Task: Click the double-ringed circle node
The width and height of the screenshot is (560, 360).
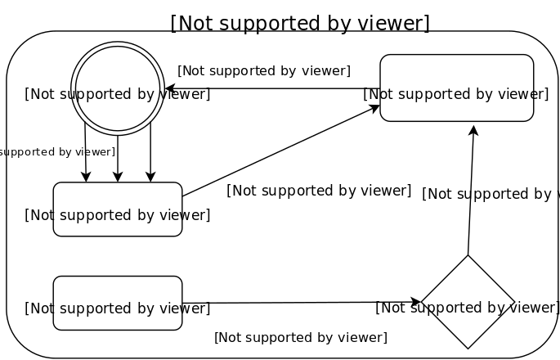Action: pyautogui.click(x=118, y=88)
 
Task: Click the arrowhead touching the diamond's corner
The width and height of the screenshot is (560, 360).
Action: pyautogui.click(x=415, y=302)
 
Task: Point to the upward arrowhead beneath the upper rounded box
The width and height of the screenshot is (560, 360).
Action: pyautogui.click(x=473, y=131)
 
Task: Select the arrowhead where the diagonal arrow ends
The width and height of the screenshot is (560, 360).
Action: pyautogui.click(x=374, y=107)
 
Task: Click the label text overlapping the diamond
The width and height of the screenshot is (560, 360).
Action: pyautogui.click(x=467, y=308)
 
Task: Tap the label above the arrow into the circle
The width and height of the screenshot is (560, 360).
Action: pyautogui.click(x=263, y=70)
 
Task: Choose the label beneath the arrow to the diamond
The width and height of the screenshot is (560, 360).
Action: pyautogui.click(x=300, y=337)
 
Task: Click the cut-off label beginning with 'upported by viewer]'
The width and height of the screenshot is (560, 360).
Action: pyautogui.click(x=57, y=151)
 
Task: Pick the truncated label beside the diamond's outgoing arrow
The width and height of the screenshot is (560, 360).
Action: pyautogui.click(x=489, y=194)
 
